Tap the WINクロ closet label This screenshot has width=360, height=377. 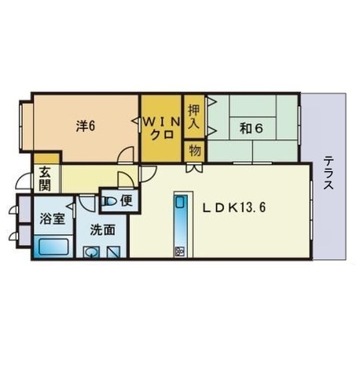coord(162,126)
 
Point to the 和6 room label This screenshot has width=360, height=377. coord(252,126)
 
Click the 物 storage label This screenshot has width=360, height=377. coord(194,150)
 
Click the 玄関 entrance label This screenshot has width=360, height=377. coord(44,178)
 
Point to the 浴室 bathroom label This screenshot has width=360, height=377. coord(52,219)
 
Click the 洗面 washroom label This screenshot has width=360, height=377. coord(102,229)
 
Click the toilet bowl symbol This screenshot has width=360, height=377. coord(109,202)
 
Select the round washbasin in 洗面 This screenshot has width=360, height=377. coord(92,252)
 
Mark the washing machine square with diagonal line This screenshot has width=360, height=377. coord(114,252)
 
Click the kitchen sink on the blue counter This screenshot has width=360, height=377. coord(180,203)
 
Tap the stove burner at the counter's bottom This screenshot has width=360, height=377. coord(180,251)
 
